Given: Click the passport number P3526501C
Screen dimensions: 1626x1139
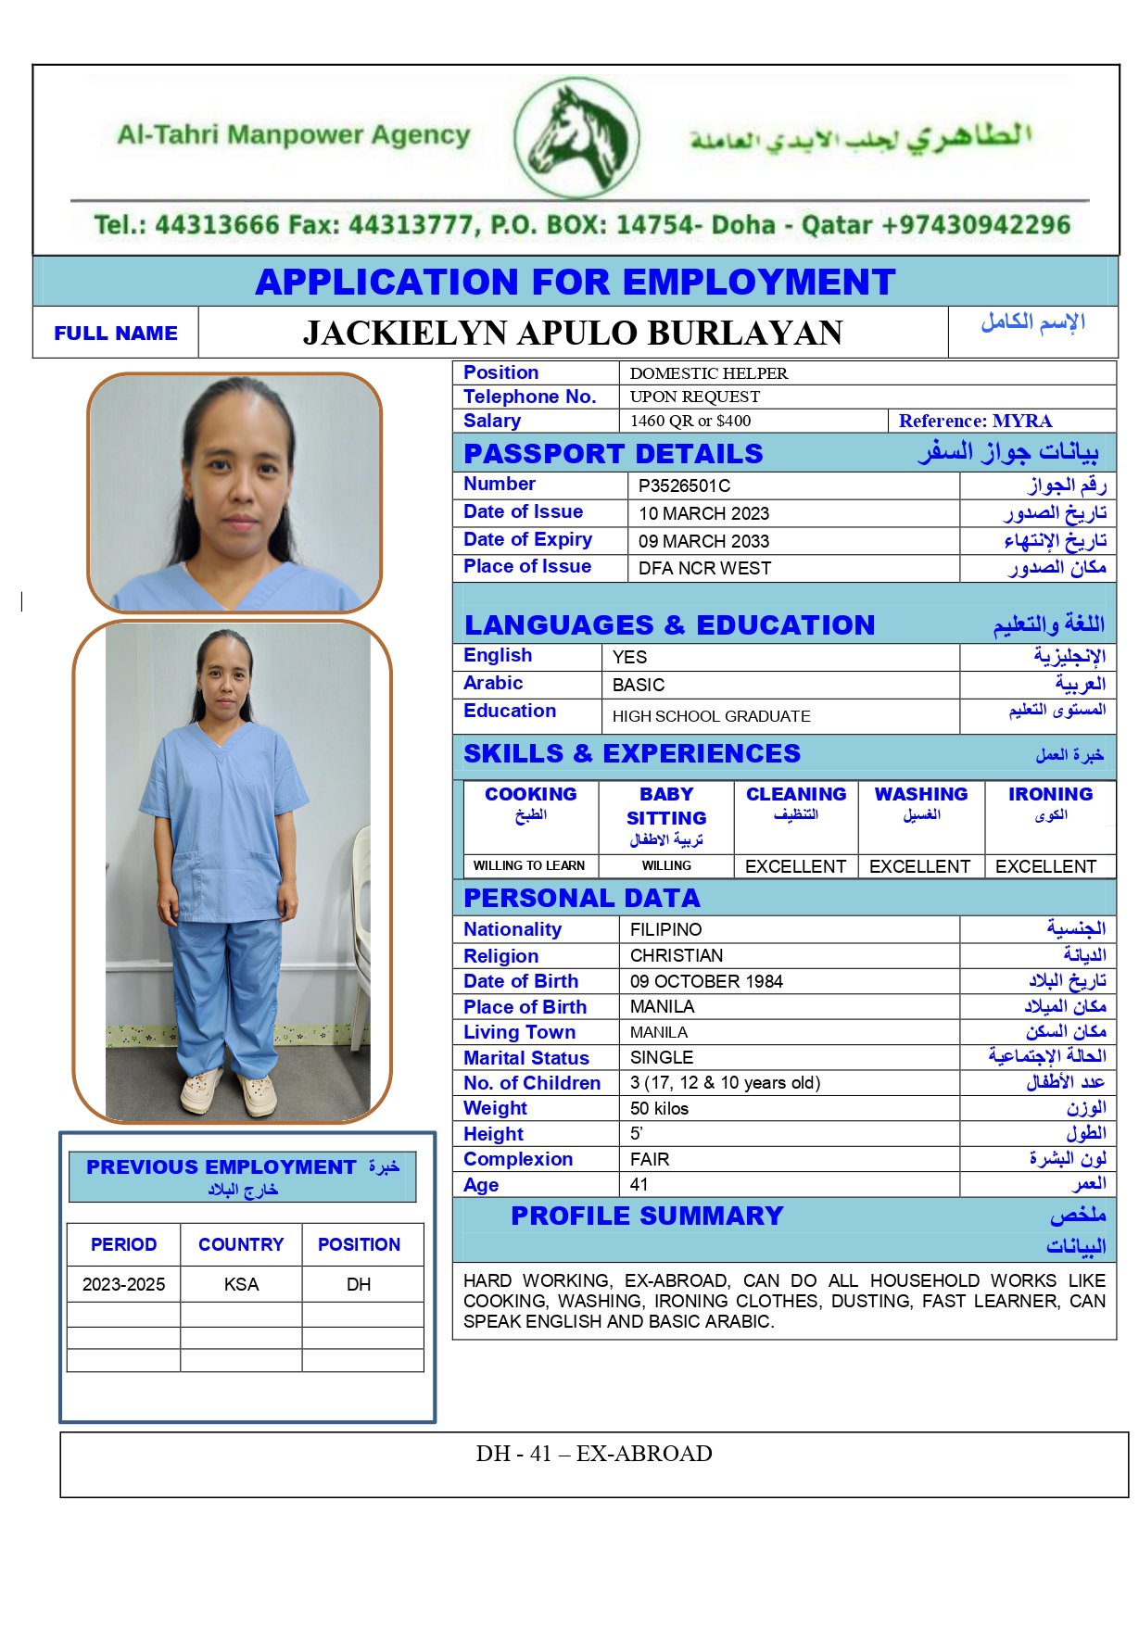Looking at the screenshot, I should point(684,485).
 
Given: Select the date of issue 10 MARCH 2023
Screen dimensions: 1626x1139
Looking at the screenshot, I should point(703,513).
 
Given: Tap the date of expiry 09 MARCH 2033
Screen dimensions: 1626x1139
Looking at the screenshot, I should point(703,541).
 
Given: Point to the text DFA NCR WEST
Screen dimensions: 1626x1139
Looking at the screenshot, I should point(704,568).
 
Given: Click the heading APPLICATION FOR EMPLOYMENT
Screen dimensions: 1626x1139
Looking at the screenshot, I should point(575,282).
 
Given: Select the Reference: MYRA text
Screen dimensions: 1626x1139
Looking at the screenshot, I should point(975,421).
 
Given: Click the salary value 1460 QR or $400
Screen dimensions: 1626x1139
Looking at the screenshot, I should point(690,421).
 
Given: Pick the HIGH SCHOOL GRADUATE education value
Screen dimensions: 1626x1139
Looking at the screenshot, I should point(711,716).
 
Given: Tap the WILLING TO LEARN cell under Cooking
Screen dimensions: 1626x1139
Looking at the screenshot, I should point(529,865).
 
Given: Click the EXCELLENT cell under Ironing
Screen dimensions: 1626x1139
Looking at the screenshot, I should point(1045,866).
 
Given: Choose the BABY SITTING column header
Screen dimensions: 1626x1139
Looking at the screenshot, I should point(666,806).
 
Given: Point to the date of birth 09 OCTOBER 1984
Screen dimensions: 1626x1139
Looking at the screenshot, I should point(706,981).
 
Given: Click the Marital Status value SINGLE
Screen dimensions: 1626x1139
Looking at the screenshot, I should point(662,1057).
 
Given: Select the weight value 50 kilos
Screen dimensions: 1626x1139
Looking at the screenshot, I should point(659,1108).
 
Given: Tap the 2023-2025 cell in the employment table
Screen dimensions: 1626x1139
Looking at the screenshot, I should point(123,1284).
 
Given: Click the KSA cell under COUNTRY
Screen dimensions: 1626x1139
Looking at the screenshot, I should point(241,1284).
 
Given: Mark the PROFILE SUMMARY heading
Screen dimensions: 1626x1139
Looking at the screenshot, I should point(647,1216).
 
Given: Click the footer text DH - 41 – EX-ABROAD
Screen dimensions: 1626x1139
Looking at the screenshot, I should point(594,1454).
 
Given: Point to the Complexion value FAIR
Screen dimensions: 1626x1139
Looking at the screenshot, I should point(650,1159).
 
